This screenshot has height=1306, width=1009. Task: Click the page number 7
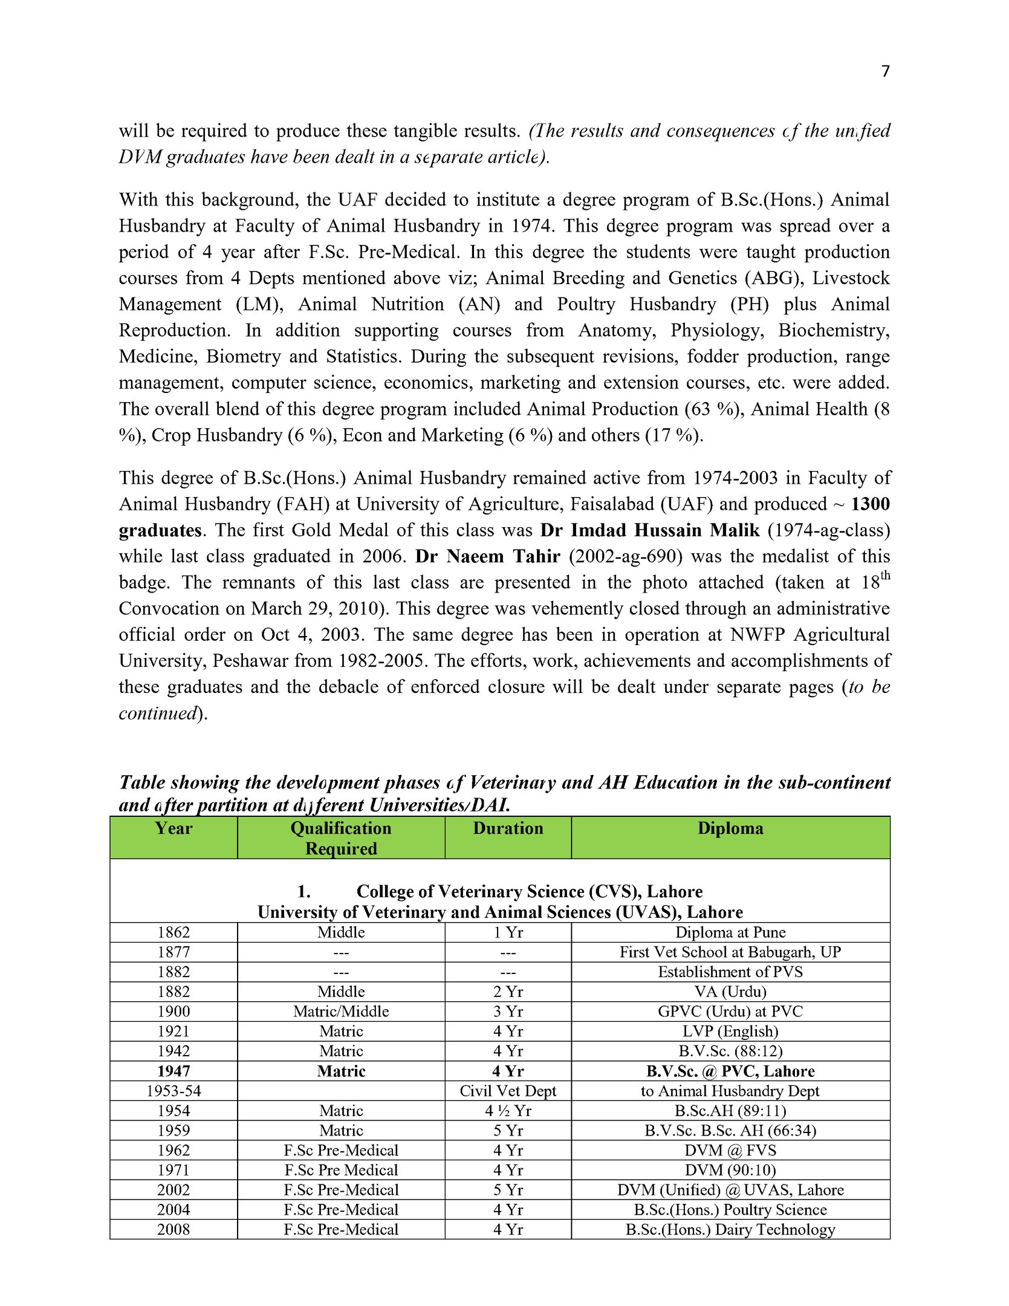[885, 72]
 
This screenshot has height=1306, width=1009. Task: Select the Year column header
[174, 828]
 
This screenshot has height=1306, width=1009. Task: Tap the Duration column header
[508, 828]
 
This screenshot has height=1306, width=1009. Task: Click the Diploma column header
[730, 828]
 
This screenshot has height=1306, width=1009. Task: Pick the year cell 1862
[174, 932]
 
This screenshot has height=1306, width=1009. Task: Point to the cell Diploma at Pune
[730, 932]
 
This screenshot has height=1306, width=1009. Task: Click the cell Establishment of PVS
[730, 972]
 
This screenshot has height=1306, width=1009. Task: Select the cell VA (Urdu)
[730, 992]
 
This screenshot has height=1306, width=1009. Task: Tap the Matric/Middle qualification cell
[341, 1012]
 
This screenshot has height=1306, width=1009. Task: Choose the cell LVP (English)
[730, 1031]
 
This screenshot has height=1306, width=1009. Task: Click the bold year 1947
[174, 1071]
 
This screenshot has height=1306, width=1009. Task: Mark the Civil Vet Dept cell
[508, 1091]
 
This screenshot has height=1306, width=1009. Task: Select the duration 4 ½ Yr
[508, 1111]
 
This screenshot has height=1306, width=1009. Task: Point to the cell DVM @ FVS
[730, 1151]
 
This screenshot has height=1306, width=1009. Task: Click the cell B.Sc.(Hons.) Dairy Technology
[730, 1230]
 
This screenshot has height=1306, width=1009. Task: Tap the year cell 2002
[174, 1190]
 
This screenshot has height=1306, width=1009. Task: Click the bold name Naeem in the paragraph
[473, 556]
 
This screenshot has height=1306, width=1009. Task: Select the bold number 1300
[871, 504]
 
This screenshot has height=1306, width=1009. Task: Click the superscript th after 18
[885, 575]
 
